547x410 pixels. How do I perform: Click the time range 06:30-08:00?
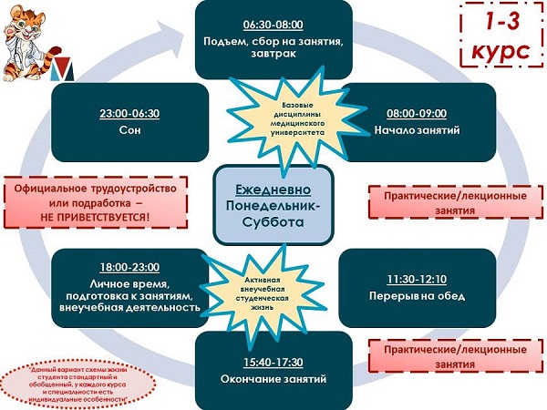point(273,24)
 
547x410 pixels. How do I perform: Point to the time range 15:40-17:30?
point(273,362)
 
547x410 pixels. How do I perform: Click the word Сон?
point(129,130)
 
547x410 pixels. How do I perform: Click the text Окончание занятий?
point(273,379)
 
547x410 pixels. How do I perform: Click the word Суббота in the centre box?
point(273,221)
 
